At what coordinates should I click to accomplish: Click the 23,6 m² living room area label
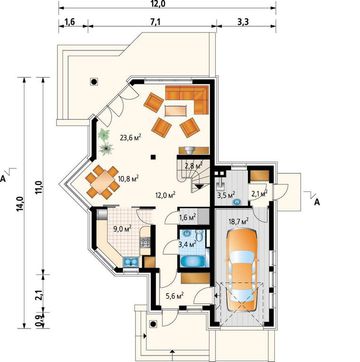(130, 138)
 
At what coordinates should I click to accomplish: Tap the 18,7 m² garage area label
(239, 222)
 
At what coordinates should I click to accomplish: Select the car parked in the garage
(242, 270)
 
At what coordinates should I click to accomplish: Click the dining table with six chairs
(103, 182)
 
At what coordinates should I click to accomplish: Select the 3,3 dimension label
(245, 22)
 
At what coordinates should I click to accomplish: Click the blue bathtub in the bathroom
(195, 261)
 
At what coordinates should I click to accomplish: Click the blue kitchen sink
(131, 262)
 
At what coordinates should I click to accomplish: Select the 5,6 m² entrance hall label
(175, 295)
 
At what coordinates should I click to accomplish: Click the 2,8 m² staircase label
(194, 165)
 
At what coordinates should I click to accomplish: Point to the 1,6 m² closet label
(187, 218)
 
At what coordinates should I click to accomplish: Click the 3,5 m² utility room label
(226, 195)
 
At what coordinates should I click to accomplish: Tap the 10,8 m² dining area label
(129, 178)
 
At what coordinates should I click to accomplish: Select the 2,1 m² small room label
(259, 194)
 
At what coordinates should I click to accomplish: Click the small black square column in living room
(153, 156)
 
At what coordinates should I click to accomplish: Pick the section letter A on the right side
(317, 202)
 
